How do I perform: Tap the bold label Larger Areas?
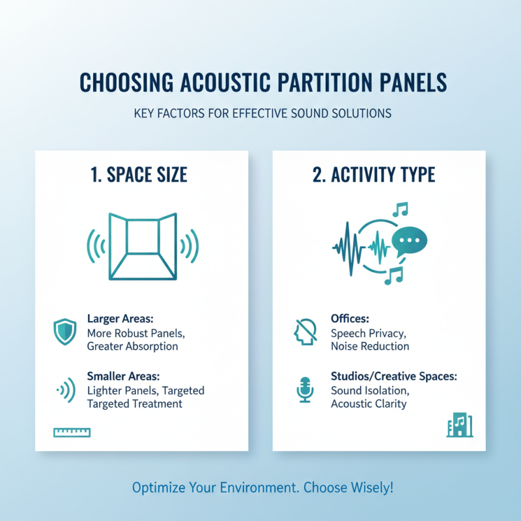point(119,320)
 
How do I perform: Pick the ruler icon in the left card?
point(73,432)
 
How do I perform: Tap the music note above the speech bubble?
point(400,210)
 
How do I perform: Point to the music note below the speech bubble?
point(394,275)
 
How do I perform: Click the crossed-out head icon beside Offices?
point(305,332)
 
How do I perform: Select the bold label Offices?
point(350,320)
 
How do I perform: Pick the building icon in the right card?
point(460,426)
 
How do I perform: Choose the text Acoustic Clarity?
point(369,404)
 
